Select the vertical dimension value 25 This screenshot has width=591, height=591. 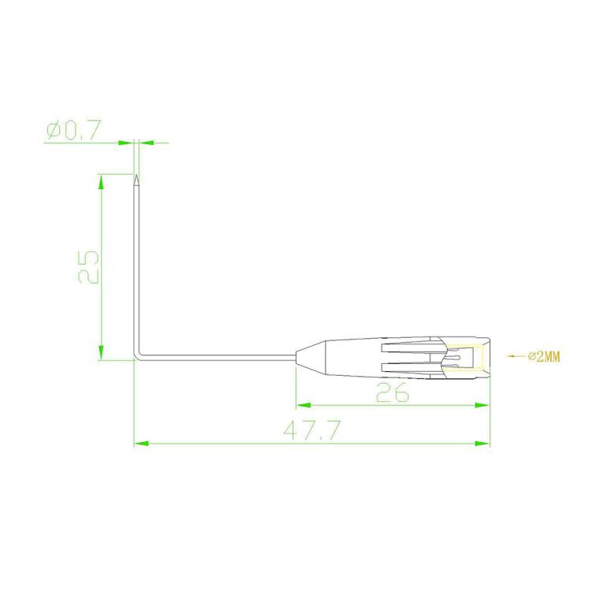[87, 267]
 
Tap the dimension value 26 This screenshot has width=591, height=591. [392, 392]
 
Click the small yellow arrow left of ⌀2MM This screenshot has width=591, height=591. [513, 356]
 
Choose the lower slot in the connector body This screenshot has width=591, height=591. [407, 366]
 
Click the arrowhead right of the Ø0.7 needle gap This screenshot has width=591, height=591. [143, 143]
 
